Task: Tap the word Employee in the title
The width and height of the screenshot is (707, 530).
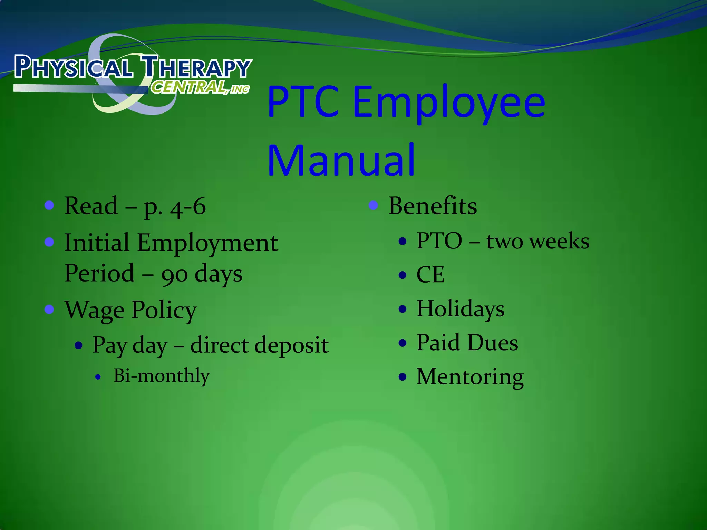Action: point(449,102)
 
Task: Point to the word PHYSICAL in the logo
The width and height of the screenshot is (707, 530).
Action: point(74,67)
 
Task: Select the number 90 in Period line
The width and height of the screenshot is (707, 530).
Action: point(174,274)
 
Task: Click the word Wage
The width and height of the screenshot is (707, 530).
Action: point(94,310)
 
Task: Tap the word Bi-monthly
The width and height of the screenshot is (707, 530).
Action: point(162,376)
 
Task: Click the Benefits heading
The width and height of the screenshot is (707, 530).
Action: point(433,206)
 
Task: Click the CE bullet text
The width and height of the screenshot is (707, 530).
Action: point(430,275)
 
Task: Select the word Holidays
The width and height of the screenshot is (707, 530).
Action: point(461,308)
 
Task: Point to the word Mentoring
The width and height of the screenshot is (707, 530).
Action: point(470,376)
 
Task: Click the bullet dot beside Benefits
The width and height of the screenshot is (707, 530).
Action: point(373,206)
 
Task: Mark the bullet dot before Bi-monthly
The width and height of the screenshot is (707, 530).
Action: point(98,377)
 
